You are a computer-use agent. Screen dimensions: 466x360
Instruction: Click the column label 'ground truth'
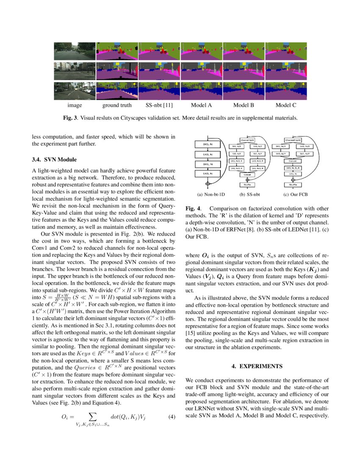[117, 105]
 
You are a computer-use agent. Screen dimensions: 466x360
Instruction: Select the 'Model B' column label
[244, 105]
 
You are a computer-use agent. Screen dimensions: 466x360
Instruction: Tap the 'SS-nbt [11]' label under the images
[159, 105]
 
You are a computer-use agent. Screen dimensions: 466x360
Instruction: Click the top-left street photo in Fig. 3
[75, 51]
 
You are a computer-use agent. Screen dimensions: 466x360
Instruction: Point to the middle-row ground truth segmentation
[117, 71]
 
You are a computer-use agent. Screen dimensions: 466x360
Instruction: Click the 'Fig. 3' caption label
[70, 118]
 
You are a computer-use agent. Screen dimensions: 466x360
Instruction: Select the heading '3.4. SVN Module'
[55, 160]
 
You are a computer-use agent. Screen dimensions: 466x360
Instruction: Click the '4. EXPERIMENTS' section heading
[258, 366]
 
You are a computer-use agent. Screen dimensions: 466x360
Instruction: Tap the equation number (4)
[172, 416]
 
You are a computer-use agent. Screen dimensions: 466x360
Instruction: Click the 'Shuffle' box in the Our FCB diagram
[293, 185]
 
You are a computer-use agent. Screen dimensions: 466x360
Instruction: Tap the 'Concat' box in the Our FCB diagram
[293, 161]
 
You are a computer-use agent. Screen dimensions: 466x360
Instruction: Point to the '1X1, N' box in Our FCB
[293, 173]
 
